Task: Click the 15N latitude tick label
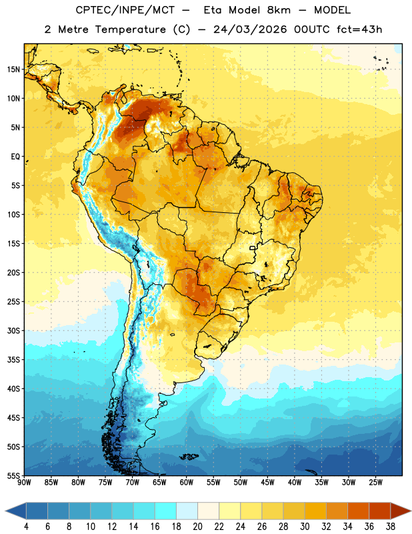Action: pyautogui.click(x=13, y=69)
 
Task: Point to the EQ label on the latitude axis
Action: pyautogui.click(x=15, y=157)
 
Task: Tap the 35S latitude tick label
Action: pyautogui.click(x=13, y=360)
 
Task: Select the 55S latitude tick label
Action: pyautogui.click(x=13, y=476)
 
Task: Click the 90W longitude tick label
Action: pyautogui.click(x=24, y=482)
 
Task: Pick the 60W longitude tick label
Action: pyautogui.click(x=187, y=482)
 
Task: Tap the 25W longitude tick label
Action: pyautogui.click(x=375, y=482)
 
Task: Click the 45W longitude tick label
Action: pyautogui.click(x=267, y=482)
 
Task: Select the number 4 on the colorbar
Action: pyautogui.click(x=26, y=527)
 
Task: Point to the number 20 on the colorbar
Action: pyautogui.click(x=197, y=527)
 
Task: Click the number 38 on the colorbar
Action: pyautogui.click(x=391, y=527)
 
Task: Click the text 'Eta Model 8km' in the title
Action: pyautogui.click(x=247, y=10)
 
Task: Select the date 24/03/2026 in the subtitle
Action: pyautogui.click(x=250, y=29)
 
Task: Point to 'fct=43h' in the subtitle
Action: pyautogui.click(x=359, y=29)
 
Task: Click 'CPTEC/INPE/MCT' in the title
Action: pyautogui.click(x=125, y=10)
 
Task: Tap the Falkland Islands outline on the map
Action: pyautogui.click(x=189, y=457)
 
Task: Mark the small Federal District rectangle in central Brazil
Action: pyautogui.click(x=253, y=248)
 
